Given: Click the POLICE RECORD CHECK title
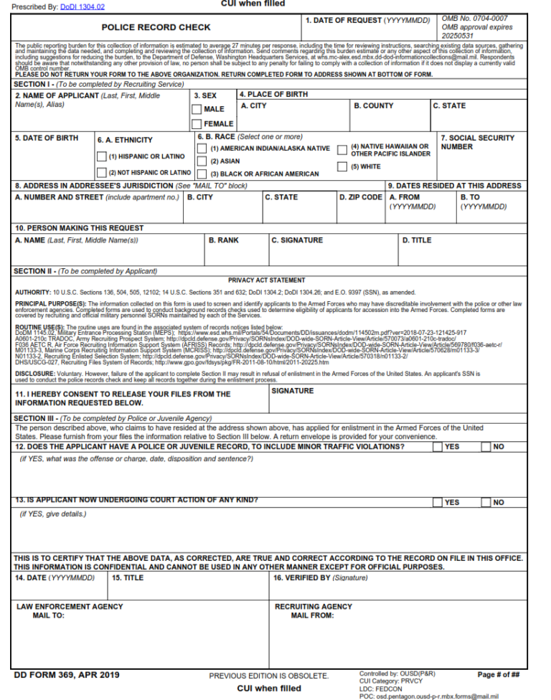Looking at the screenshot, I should tap(156, 27).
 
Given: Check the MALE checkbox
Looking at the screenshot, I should tap(197, 110).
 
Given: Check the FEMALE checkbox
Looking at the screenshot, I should tap(197, 124).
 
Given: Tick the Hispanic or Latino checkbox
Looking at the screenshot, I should tap(101, 156).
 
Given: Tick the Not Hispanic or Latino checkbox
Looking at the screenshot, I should tap(101, 173).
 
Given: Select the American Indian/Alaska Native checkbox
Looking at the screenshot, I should tap(203, 148).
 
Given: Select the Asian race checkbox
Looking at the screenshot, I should tap(203, 161).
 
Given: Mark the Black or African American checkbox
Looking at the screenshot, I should tap(203, 174).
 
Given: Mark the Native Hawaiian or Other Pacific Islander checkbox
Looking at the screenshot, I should tap(342, 149).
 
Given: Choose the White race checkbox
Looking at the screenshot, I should tap(342, 167).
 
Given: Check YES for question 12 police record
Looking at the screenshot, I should tap(437, 447).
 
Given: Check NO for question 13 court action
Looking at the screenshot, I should tap(486, 502).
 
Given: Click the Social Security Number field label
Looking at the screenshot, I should tap(477, 142).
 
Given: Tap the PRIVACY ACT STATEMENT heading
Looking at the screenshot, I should tap(266, 280).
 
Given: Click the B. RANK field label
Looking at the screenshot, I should tap(223, 240).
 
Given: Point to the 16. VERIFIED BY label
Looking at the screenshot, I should tap(320, 577).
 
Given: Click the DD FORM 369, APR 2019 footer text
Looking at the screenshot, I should tap(67, 675).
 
